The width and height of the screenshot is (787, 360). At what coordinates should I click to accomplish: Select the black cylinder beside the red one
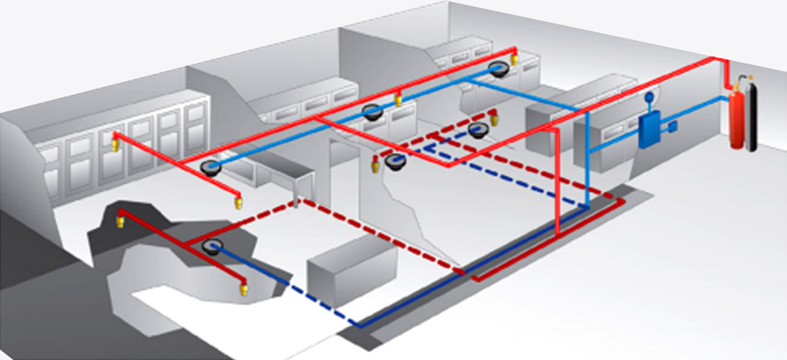[752, 117]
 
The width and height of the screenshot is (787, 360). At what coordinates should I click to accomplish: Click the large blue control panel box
[649, 131]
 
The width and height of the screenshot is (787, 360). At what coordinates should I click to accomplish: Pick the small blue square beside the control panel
[672, 129]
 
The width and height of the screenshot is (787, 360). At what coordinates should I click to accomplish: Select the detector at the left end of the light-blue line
[209, 164]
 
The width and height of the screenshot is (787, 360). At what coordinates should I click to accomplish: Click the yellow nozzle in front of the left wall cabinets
[111, 139]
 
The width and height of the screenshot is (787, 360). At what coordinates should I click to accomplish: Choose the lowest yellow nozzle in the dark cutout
[244, 286]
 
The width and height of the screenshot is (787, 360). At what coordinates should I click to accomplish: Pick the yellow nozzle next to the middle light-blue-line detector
[399, 100]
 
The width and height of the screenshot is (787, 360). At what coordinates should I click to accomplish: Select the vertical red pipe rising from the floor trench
[556, 191]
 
